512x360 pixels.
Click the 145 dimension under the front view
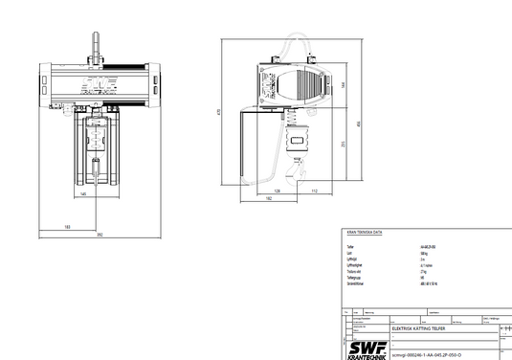click(x=83, y=194)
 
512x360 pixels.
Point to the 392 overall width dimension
click(x=99, y=235)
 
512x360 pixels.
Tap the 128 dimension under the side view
click(x=277, y=191)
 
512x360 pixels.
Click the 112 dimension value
click(x=313, y=191)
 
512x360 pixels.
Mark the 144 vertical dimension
click(x=341, y=83)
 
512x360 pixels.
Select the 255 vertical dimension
click(x=341, y=144)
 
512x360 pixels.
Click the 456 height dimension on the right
click(x=358, y=124)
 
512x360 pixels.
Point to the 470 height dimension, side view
click(x=220, y=112)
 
